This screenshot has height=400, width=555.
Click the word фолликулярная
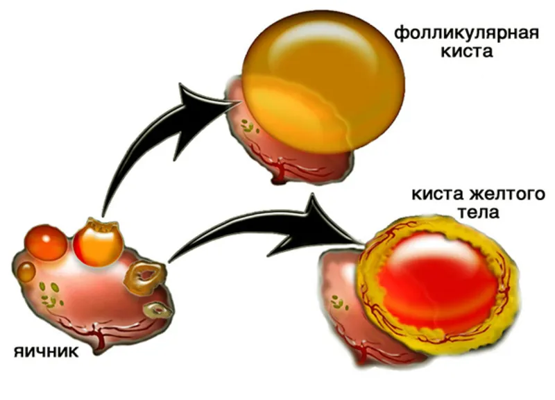pyautogui.click(x=466, y=33)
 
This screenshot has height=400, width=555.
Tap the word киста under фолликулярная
pyautogui.click(x=467, y=51)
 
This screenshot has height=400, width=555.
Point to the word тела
pyautogui.click(x=479, y=212)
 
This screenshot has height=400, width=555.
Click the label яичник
pyautogui.click(x=46, y=352)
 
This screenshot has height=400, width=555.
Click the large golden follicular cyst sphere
pyautogui.click(x=323, y=81)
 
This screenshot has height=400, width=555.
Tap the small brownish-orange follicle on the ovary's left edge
pyautogui.click(x=26, y=272)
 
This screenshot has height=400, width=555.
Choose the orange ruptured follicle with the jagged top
pyautogui.click(x=98, y=242)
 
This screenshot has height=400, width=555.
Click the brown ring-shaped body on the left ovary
pyautogui.click(x=145, y=278)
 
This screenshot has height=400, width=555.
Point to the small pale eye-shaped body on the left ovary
pyautogui.click(x=158, y=310)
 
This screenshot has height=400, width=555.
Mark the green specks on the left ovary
pyautogui.click(x=49, y=294)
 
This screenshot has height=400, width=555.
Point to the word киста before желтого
pyautogui.click(x=438, y=194)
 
